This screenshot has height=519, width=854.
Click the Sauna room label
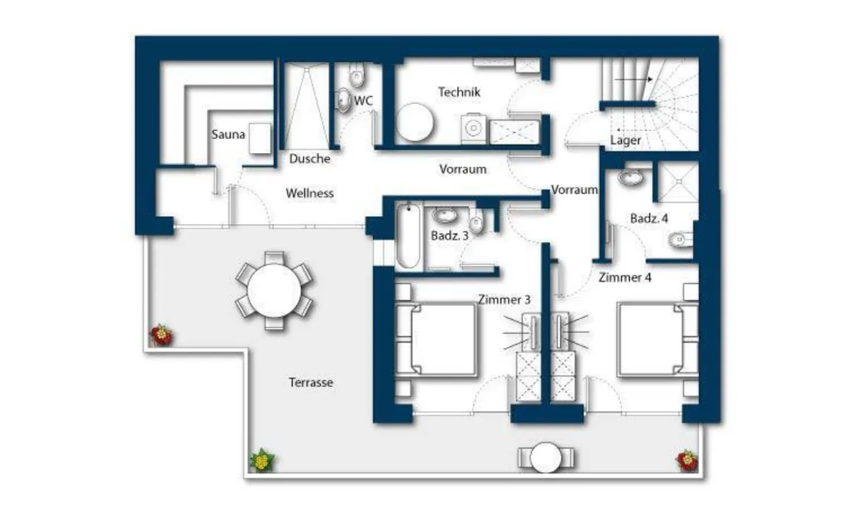[x=229, y=135]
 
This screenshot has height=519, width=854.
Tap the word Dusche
[x=309, y=159]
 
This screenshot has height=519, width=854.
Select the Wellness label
[x=309, y=193]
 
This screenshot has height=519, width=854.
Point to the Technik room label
[x=459, y=92]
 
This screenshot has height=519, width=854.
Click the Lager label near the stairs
[x=625, y=141]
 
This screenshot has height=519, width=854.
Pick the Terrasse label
[x=311, y=382]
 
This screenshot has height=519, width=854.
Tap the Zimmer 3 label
[x=505, y=299]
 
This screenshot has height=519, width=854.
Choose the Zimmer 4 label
[x=625, y=278]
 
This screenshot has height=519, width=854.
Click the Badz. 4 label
[x=649, y=218]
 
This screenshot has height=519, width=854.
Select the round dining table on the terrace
[x=274, y=291]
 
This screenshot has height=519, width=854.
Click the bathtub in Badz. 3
[x=408, y=235]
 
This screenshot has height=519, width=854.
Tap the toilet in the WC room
[x=357, y=75]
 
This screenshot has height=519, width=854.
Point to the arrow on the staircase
[x=633, y=79]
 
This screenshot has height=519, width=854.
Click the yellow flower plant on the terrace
[x=262, y=461]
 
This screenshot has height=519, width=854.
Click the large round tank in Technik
[x=415, y=121]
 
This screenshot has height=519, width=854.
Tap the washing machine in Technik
[x=473, y=128]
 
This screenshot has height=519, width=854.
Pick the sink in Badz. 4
[x=631, y=176]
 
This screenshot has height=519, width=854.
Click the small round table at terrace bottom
[x=545, y=457]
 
